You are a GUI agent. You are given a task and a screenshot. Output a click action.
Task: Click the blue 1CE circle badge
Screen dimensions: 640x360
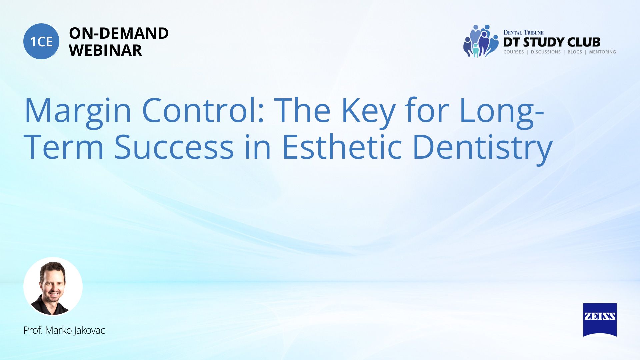coord(41,41)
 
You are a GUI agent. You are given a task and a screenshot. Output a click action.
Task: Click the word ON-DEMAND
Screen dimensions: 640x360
coord(119,33)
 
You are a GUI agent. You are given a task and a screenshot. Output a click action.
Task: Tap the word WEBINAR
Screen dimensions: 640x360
coord(105,50)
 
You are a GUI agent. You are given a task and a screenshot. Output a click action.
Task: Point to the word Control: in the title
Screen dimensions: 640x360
coord(203,110)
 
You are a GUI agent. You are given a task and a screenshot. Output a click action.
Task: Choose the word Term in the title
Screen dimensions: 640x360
coord(64,147)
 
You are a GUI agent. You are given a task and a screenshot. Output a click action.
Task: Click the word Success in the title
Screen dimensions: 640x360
coord(174,147)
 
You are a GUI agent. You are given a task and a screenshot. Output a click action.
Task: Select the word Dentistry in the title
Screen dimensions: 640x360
coord(482,149)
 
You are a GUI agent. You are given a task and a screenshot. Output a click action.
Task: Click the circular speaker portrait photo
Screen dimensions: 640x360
coord(53,287)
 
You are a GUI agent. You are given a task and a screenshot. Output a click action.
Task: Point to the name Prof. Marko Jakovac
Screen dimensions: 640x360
coord(64,330)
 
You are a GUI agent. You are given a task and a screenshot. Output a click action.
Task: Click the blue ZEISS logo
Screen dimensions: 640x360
coord(600,320)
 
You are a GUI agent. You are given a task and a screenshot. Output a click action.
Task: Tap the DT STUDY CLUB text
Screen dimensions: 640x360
coord(552,42)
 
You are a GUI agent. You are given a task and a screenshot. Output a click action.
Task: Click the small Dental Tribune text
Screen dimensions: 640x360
coord(523,33)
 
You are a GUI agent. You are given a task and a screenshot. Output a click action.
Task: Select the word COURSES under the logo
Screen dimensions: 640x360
coord(514,52)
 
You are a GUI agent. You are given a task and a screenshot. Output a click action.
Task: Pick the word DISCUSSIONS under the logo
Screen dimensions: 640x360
coord(546,52)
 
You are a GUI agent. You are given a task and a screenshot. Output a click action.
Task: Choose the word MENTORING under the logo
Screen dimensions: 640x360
coord(602,52)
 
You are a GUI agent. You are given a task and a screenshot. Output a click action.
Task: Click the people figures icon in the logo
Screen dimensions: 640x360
coord(481,41)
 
